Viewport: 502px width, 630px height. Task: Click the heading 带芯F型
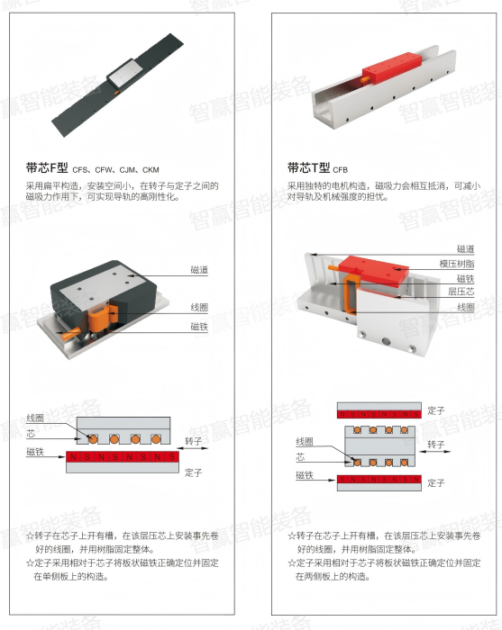(48, 167)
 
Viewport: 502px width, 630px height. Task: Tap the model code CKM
(151, 169)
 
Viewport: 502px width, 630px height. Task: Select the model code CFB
(340, 169)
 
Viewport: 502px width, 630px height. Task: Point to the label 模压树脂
(457, 263)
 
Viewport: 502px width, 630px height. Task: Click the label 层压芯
(461, 292)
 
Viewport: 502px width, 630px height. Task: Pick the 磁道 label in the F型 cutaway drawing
(200, 269)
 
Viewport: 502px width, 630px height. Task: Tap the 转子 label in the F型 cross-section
(195, 440)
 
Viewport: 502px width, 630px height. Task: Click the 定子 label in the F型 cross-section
(195, 471)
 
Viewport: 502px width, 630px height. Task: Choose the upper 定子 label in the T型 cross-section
(436, 410)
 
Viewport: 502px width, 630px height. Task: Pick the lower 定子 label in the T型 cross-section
(436, 483)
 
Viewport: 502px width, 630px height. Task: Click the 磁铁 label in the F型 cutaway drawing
(200, 327)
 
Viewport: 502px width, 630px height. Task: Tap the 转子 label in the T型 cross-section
(436, 445)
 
